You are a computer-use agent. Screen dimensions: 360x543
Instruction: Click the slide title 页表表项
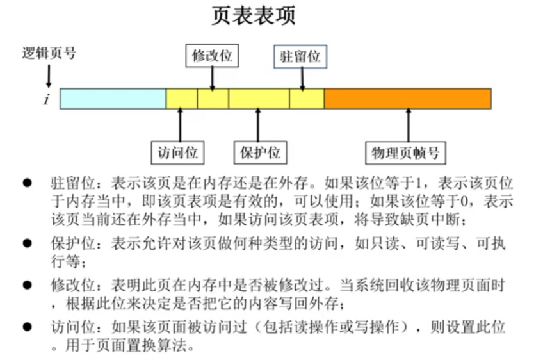pos(254,17)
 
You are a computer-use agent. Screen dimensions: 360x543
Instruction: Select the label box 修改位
pos(211,56)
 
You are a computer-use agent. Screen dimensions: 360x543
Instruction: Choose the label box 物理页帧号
pos(405,153)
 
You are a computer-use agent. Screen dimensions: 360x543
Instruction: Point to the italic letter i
pos(46,99)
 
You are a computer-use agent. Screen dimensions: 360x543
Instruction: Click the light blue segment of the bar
pos(113,99)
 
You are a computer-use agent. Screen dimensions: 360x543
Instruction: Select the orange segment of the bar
pos(407,99)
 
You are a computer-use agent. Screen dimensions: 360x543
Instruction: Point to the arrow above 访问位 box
pos(181,124)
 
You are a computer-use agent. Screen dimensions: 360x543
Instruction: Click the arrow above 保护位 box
pos(258,124)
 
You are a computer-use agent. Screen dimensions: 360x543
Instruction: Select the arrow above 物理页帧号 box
pos(408,124)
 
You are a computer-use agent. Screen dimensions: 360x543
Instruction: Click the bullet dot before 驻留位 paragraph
pos(27,183)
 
